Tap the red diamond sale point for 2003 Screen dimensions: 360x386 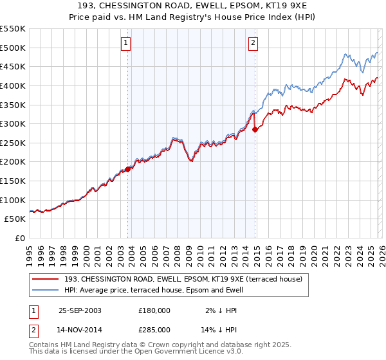(x=128, y=169)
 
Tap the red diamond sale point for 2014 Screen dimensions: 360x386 (x=255, y=129)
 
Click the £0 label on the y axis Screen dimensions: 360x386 (x=19, y=238)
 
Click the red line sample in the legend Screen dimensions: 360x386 (x=46, y=278)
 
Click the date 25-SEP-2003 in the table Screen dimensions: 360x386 (x=80, y=310)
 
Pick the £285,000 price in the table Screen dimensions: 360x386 (x=154, y=329)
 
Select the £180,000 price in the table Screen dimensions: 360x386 (x=154, y=310)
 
